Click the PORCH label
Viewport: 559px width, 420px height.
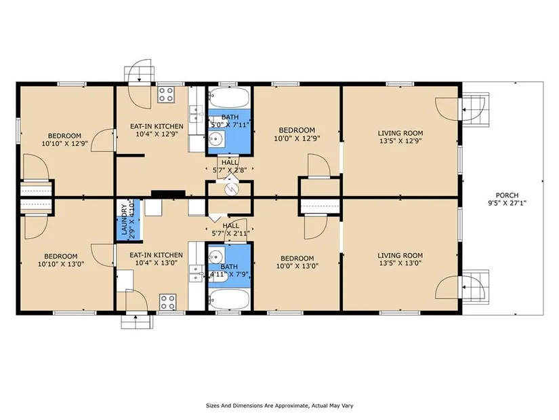coord(507,195)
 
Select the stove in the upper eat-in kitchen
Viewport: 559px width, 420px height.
coord(166,94)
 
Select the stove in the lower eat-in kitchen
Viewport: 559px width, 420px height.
coord(167,302)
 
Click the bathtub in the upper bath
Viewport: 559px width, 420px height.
coord(230,98)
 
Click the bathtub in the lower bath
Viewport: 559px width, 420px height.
coord(230,299)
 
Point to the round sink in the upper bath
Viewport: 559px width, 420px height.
coord(215,140)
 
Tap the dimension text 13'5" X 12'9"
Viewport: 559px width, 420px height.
coord(400,141)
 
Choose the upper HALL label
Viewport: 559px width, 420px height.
coord(230,163)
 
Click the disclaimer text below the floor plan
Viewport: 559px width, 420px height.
coord(279,406)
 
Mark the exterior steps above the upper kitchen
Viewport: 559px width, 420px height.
coord(140,74)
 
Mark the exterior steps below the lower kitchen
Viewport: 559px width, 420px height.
coord(137,322)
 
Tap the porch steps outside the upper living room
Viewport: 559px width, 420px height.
coord(476,109)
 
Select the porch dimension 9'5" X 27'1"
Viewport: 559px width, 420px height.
coord(507,204)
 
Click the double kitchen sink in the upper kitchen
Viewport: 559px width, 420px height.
coord(194,113)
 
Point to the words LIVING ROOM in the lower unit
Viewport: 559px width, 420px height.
coord(400,256)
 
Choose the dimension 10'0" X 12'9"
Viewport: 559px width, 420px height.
coord(297,138)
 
